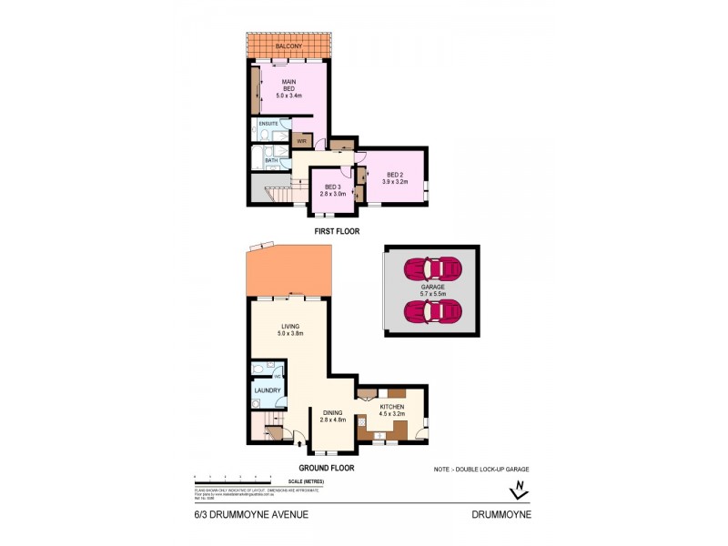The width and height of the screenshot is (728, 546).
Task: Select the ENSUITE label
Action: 268,123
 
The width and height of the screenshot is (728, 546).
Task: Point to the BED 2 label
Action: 394,178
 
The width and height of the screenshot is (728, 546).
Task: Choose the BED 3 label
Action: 333,191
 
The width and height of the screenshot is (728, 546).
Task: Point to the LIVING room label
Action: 289,329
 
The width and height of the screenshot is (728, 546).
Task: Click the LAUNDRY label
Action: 268,392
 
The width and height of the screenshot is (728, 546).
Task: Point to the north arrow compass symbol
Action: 520,490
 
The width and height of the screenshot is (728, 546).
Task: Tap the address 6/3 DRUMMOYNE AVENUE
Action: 250,514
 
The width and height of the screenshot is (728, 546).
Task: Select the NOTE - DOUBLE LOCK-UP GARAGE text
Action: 481,469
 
